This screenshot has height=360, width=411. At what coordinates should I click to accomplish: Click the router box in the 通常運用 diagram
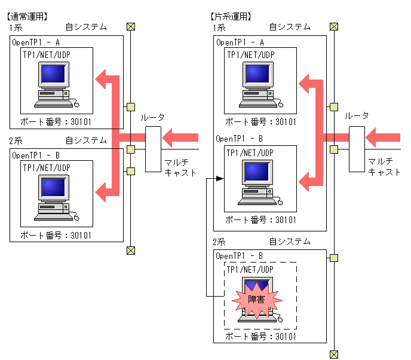[153, 140]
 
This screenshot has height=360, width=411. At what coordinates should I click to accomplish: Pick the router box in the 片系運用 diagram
[357, 140]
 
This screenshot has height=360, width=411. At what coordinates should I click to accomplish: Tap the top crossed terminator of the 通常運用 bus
[130, 26]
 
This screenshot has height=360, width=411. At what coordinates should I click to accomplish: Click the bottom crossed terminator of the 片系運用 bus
[335, 352]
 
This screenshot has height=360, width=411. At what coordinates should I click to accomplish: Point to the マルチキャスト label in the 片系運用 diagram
[384, 167]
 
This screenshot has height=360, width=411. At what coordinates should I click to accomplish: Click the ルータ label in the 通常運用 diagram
[153, 118]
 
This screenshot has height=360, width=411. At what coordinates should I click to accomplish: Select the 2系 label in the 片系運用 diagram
[219, 242]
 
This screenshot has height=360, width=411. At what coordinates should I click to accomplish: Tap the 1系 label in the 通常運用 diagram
[16, 28]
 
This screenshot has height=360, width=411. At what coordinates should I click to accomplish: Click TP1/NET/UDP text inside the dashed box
[250, 269]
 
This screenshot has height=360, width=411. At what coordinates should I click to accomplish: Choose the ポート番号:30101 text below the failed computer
[260, 337]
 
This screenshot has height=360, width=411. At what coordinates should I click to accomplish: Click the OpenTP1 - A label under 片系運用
[240, 42]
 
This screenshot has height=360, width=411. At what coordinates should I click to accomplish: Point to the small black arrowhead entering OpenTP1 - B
[219, 179]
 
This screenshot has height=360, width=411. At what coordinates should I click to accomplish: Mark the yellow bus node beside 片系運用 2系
[335, 258]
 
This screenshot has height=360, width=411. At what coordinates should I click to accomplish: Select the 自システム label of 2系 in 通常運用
[87, 141]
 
